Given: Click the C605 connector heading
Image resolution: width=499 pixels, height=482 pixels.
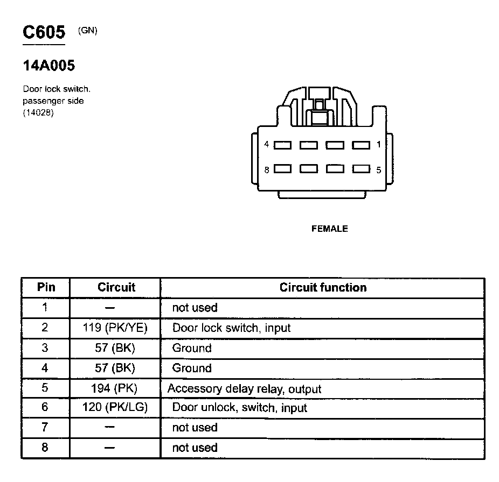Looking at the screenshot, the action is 44,33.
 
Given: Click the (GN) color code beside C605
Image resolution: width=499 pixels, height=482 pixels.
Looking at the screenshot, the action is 88,30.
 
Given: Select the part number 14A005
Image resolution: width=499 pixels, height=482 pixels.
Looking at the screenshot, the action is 48,66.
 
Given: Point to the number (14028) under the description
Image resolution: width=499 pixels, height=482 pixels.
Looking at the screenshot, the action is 38,112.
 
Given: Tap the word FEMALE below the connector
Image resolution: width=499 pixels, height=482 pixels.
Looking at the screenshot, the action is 330,229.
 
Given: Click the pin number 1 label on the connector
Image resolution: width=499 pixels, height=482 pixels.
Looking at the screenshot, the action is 379,144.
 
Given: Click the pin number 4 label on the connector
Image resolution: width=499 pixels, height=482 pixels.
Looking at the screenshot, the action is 267,144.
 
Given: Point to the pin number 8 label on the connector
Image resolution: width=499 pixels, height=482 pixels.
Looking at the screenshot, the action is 267,169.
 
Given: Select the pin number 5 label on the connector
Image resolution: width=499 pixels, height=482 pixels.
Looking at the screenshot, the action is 379,170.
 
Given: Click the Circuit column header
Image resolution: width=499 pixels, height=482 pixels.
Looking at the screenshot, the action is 116,287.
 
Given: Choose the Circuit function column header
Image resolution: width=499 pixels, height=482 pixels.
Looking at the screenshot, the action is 323,287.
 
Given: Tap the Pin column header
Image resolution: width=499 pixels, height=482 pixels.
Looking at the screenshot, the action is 46,287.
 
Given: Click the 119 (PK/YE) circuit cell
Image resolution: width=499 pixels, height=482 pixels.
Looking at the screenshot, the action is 116,328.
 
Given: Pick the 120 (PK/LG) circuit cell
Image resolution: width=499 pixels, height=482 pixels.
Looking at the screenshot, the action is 116,407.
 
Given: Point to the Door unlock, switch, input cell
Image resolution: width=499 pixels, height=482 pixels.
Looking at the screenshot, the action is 239,408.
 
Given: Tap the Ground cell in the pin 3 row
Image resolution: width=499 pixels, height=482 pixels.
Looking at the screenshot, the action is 192,348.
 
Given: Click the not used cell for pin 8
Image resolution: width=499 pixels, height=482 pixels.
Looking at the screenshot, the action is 195,448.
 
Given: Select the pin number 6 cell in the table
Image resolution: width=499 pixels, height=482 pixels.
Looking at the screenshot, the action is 45,407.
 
